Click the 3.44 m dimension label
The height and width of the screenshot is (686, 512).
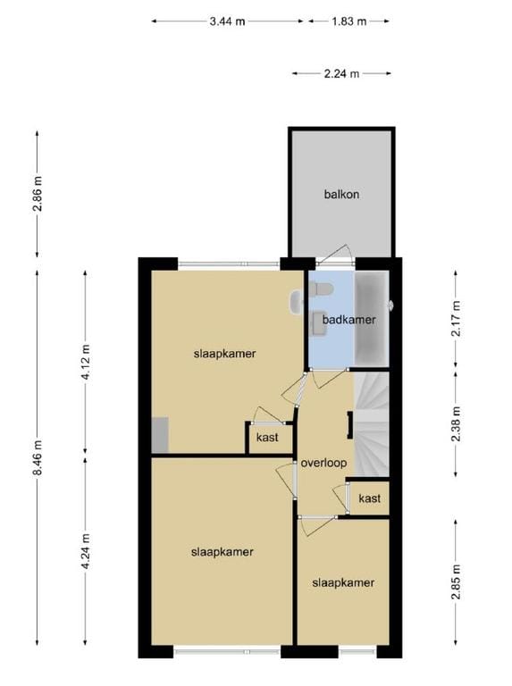tap(227, 21)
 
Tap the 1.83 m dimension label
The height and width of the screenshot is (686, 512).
tap(348, 21)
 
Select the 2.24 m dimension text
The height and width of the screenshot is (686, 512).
tap(341, 73)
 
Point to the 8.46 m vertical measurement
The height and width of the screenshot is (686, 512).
tap(38, 457)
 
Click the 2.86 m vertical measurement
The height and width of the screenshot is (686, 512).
tap(38, 194)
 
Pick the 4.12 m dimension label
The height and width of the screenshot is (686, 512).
tap(86, 362)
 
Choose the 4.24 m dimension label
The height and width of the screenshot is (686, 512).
tap(86, 551)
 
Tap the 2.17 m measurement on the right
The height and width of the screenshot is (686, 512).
tap(456, 319)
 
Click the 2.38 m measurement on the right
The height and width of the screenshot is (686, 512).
tap(456, 424)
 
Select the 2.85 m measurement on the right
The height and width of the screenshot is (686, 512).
tap(456, 582)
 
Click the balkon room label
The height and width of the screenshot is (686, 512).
tap(341, 194)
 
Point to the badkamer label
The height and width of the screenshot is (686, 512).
tap(348, 320)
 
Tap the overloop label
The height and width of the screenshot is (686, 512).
tap(323, 463)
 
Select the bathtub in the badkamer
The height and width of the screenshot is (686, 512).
tap(371, 319)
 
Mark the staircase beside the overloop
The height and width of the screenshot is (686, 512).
tap(371, 424)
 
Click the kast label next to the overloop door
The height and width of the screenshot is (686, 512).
tap(369, 498)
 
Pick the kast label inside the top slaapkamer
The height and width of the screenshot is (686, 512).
tap(267, 438)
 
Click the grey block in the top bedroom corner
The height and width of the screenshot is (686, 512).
tap(160, 435)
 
